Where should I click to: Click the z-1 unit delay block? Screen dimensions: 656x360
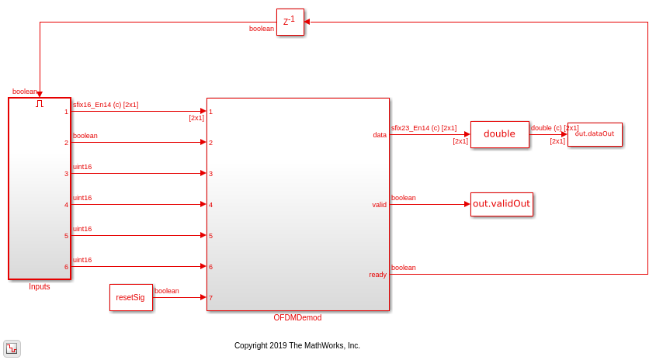[290, 22]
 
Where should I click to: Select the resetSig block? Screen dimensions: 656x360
[131, 298]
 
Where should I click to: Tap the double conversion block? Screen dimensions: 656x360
[499, 134]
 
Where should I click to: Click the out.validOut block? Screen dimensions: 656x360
[502, 204]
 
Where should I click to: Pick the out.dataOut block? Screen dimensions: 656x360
[595, 134]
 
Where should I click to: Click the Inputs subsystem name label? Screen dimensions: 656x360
[40, 286]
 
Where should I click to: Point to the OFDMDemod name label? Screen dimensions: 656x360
[297, 318]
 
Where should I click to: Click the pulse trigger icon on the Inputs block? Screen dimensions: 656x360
[40, 103]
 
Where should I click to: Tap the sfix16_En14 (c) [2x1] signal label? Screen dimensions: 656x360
[106, 105]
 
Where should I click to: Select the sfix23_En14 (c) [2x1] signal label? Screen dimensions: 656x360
[424, 128]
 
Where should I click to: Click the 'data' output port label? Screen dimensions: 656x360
[380, 135]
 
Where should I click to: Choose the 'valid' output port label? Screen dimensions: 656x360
[379, 205]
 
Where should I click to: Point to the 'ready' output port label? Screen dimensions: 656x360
[377, 275]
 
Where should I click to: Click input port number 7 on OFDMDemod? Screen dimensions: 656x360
[211, 298]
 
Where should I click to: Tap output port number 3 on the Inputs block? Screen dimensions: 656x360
[66, 174]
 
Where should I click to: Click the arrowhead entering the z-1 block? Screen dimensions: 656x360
[307, 22]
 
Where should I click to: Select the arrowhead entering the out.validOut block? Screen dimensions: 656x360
[467, 204]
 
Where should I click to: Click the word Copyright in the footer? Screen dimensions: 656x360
[251, 345]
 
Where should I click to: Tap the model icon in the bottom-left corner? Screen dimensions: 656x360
[12, 348]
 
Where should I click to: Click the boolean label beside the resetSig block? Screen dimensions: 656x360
[166, 291]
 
